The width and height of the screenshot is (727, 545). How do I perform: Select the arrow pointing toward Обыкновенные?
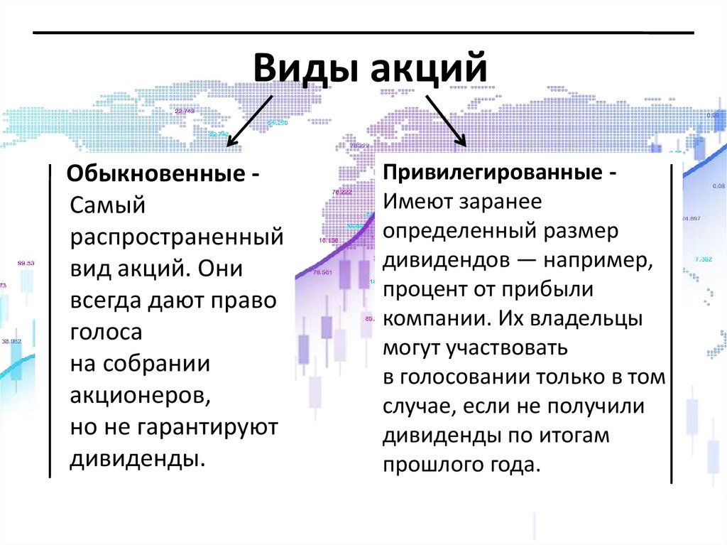coord(249,121)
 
